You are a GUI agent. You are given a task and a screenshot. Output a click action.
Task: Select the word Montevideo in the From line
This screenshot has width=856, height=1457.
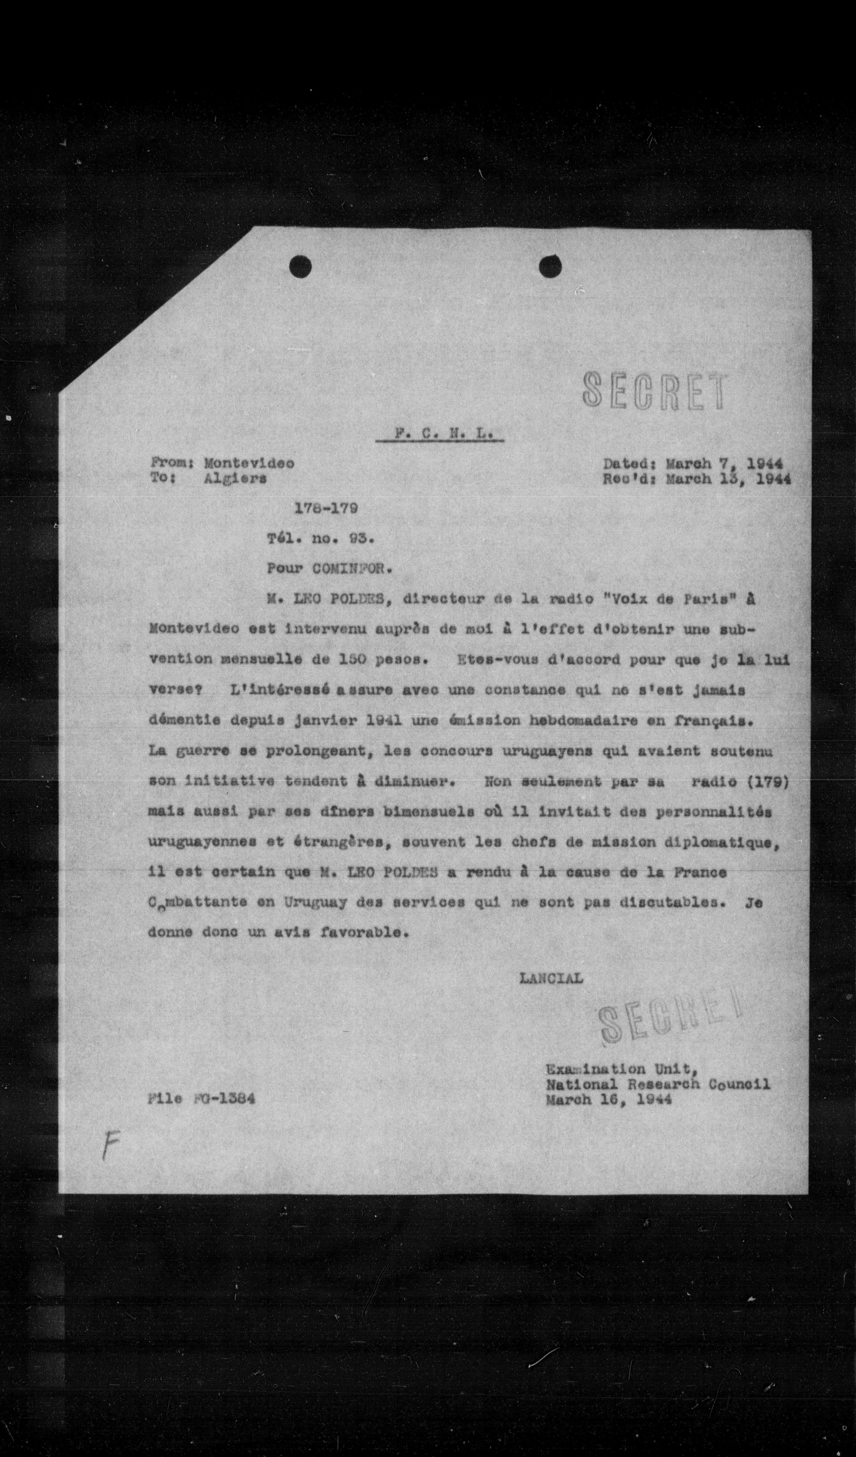point(249,463)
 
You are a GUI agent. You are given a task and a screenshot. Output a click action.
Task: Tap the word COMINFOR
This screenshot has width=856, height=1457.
point(352,568)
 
